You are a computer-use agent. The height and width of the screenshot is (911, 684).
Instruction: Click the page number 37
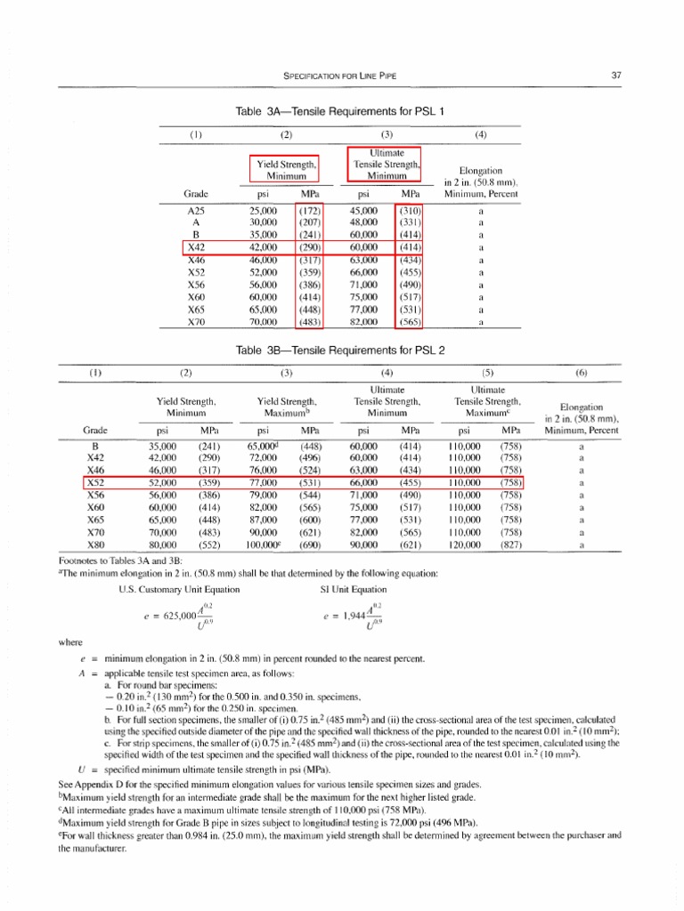click(615, 76)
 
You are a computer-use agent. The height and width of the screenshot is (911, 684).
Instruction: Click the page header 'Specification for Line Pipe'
click(341, 76)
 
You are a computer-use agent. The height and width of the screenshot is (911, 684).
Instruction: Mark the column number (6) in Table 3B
click(581, 373)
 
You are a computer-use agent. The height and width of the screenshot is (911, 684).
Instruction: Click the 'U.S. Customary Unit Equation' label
click(170, 589)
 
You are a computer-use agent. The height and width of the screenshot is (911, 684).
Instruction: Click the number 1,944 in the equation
click(353, 616)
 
